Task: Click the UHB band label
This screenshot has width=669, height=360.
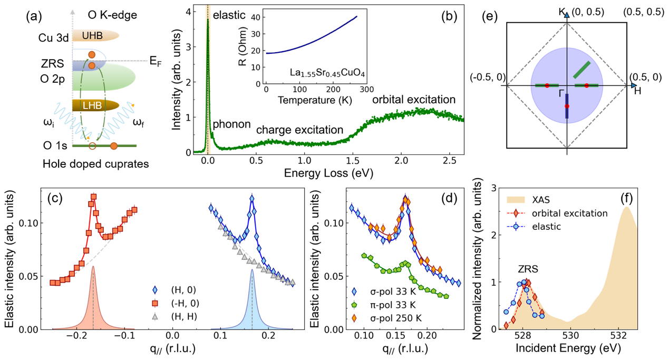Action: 89,35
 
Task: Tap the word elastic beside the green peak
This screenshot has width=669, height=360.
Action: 229,15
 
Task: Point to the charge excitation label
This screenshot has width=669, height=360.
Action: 299,130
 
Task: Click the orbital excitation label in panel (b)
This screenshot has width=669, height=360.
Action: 414,100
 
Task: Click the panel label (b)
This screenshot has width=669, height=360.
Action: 449,16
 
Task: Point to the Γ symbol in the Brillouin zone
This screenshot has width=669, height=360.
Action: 561,93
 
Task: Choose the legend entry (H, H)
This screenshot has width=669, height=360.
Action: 185,316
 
